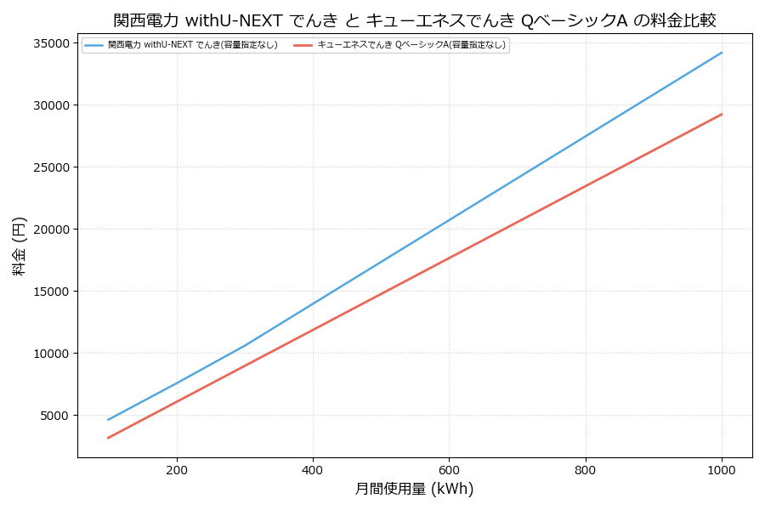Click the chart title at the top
coord(415,20)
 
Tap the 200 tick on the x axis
coord(177,469)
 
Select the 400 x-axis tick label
coord(313,469)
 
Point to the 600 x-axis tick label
coord(449,469)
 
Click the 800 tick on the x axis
coord(586,469)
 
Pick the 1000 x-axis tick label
coord(722,469)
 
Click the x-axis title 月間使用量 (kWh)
coord(414,490)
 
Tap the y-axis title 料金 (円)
coord(20,246)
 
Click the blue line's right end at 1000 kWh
coord(722,53)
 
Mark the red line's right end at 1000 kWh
coord(722,114)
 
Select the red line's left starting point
coord(108,438)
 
